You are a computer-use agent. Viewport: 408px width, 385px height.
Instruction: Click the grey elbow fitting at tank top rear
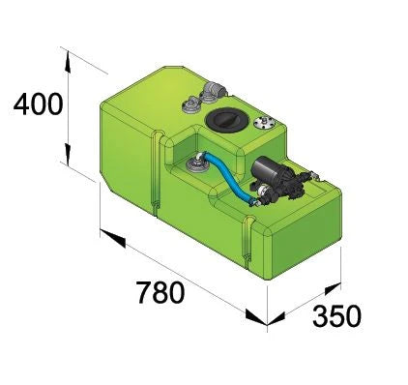211,94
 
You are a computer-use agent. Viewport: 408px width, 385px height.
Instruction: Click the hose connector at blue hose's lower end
256,200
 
